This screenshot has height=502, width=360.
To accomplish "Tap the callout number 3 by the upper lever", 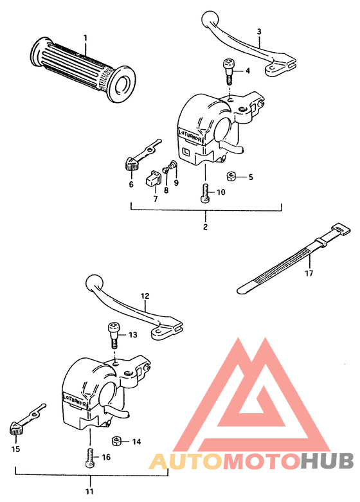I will click(258, 31).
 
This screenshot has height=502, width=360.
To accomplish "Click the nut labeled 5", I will click(231, 176).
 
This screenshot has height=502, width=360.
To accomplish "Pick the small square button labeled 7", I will click(154, 179).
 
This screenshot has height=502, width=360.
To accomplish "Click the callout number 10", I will click(221, 192).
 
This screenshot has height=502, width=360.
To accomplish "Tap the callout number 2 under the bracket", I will click(206, 228).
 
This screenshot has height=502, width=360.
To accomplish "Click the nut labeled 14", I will click(118, 440).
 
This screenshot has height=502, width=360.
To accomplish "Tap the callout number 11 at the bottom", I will click(89, 492).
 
